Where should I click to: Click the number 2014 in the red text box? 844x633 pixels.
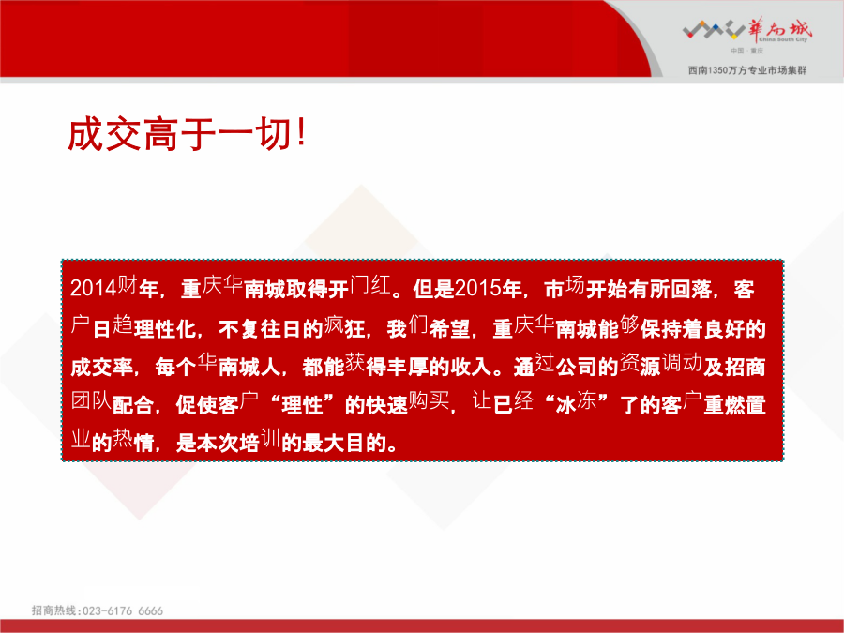(x=94, y=288)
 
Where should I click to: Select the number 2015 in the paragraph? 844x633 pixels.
(x=477, y=288)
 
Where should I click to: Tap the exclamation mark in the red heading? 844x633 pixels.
(x=301, y=133)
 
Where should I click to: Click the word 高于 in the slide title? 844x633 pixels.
(x=179, y=134)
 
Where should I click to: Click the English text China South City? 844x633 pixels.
(x=783, y=39)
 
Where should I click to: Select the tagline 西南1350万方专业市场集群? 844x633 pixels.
(x=747, y=70)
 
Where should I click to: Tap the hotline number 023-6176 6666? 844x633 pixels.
(x=123, y=610)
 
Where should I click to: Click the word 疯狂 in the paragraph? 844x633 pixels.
(x=344, y=326)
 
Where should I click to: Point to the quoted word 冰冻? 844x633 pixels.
(x=576, y=402)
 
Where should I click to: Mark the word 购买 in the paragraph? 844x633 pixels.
(x=429, y=401)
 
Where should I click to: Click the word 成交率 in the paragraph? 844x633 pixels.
(x=101, y=367)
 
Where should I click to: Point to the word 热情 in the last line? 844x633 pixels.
(x=133, y=442)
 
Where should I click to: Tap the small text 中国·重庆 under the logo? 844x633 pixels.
(x=746, y=51)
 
